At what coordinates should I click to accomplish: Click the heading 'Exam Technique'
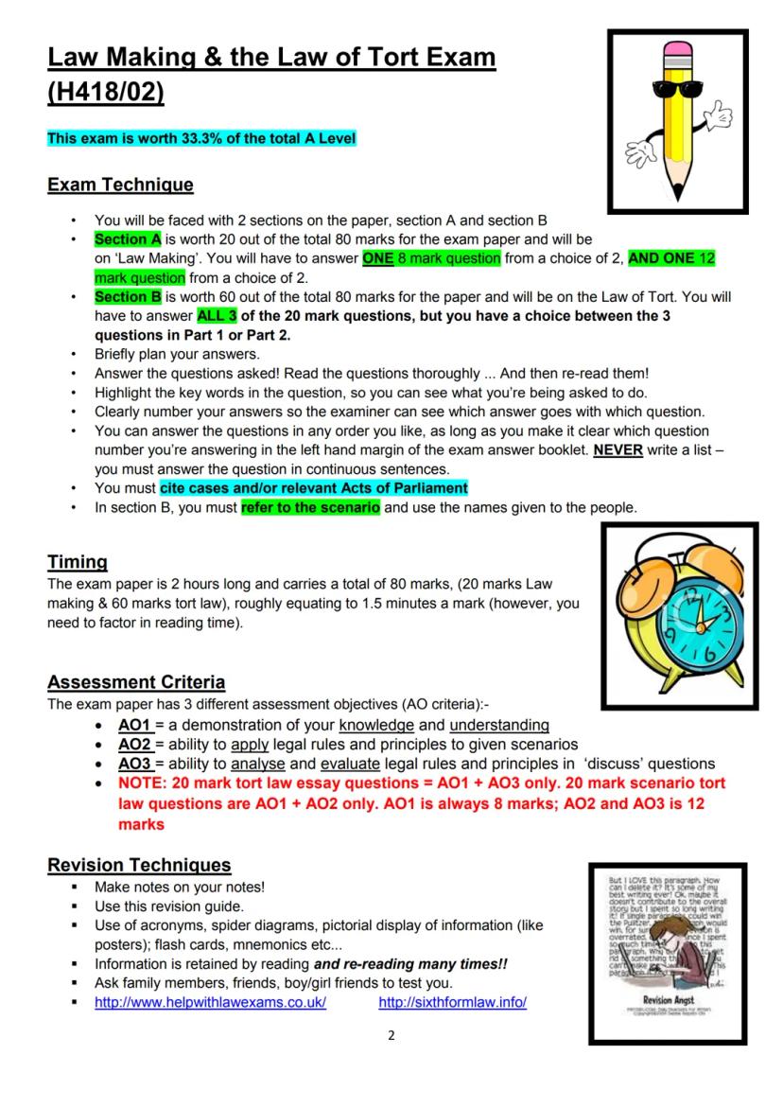(x=120, y=185)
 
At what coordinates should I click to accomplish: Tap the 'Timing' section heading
(x=77, y=562)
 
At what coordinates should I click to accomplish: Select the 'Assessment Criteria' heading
(x=136, y=682)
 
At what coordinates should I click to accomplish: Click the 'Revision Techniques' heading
(x=139, y=865)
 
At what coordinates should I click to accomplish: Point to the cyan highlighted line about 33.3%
(x=201, y=138)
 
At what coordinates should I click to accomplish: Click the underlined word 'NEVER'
(x=618, y=450)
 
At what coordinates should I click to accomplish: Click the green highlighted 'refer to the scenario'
(x=310, y=507)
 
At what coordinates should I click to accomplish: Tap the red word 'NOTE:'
(x=141, y=783)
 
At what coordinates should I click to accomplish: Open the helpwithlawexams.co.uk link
(x=210, y=1002)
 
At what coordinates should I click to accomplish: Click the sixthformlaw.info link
(x=452, y=1002)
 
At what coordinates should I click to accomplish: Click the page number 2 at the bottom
(x=391, y=1035)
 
